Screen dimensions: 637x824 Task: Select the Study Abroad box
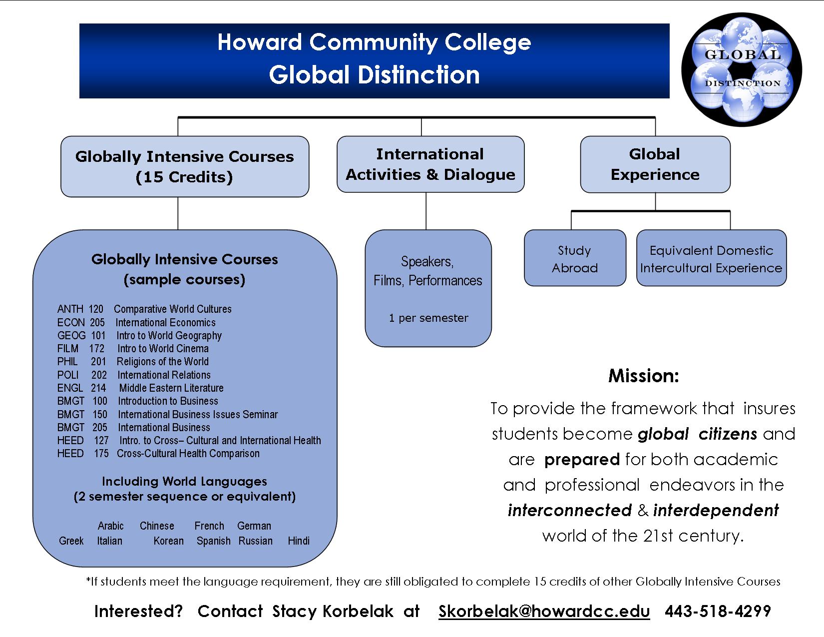(575, 258)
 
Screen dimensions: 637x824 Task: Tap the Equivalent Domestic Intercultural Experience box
(711, 258)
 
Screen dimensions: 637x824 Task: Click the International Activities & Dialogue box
(430, 164)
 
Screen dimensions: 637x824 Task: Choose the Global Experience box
(655, 164)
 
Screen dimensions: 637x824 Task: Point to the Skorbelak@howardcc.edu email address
(544, 611)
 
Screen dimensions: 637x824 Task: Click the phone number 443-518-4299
(718, 611)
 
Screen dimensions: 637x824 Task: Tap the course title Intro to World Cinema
(163, 349)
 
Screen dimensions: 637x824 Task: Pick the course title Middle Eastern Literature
(171, 388)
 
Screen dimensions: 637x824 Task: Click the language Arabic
(110, 526)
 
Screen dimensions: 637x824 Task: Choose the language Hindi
(299, 541)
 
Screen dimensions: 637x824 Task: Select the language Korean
(169, 541)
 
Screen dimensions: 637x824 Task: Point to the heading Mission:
(644, 376)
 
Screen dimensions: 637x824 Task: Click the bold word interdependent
(716, 510)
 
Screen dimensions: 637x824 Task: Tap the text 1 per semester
(428, 318)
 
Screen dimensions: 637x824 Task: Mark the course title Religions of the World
(163, 362)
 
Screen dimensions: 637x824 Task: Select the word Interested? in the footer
(139, 611)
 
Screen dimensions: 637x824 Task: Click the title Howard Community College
(374, 42)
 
